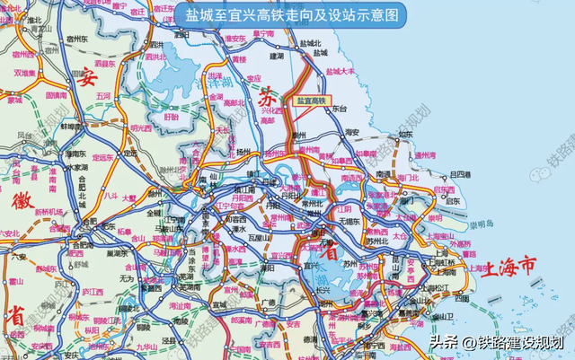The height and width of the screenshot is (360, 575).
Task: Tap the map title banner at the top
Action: (x=287, y=15)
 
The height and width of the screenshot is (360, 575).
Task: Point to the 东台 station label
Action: (x=339, y=109)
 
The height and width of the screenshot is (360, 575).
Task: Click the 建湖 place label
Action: (x=279, y=56)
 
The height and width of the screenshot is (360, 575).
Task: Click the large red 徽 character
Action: (x=21, y=202)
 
